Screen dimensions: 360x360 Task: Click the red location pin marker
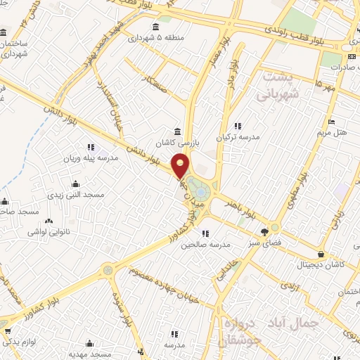pyautogui.click(x=181, y=165)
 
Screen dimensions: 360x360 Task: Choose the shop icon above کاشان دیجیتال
pyautogui.click(x=321, y=254)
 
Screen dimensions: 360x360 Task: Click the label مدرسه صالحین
pyautogui.click(x=203, y=245)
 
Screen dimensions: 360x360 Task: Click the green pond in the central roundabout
pyautogui.click(x=200, y=190)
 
